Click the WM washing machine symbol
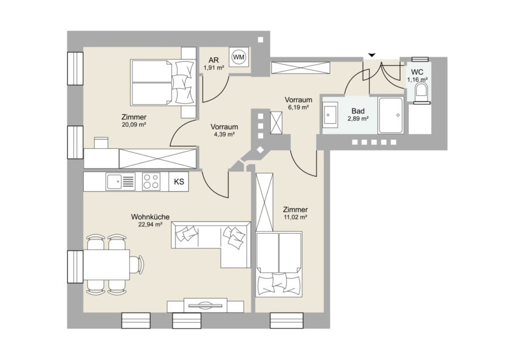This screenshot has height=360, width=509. tap(239, 58)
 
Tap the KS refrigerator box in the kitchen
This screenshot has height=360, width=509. tap(179, 182)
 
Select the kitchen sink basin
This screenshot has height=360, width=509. tap(114, 181)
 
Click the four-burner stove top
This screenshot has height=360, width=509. tap(152, 181)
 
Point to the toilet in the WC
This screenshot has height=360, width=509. tap(422, 91)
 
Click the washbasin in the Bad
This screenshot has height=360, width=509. tap(330, 114)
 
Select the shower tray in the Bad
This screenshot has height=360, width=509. tap(391, 115)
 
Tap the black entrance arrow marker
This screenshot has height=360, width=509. tap(372, 55)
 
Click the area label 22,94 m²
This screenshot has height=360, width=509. tap(150, 224)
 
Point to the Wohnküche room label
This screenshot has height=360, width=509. tap(150, 217)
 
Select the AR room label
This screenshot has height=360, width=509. tap(214, 60)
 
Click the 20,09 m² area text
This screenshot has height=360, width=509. tap(133, 125)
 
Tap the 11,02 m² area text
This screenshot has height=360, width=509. tap(295, 217)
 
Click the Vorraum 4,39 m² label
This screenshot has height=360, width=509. tap(225, 130)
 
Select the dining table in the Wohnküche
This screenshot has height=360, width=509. tap(107, 264)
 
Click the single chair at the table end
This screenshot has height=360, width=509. tap(137, 264)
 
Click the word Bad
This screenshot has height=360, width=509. tap(358, 111)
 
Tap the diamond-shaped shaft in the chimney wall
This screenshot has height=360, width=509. tap(260, 150)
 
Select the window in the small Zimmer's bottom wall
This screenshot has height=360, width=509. tap(287, 320)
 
